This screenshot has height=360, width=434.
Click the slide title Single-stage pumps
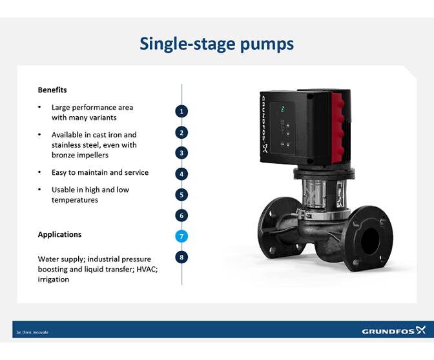coord(217,44)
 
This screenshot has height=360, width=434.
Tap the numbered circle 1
coord(182,111)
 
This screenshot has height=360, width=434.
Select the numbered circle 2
coord(182,132)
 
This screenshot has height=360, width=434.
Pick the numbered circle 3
coord(182,153)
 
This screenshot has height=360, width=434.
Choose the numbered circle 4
coord(182,174)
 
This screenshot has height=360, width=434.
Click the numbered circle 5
coord(182,194)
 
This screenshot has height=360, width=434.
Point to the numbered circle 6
coord(182,215)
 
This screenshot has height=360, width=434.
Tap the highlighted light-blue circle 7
coord(182,236)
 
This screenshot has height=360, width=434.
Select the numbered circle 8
coord(182,257)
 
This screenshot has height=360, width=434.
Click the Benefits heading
coord(52,90)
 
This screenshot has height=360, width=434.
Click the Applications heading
coord(59,234)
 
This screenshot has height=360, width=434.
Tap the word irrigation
coord(54,279)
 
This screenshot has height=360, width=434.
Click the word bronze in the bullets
coord(64,155)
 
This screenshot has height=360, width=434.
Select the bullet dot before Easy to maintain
coord(40,173)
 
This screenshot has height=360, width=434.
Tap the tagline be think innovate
coord(32,332)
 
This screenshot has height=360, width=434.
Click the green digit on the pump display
coord(283,108)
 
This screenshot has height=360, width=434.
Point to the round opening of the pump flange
coord(370,241)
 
